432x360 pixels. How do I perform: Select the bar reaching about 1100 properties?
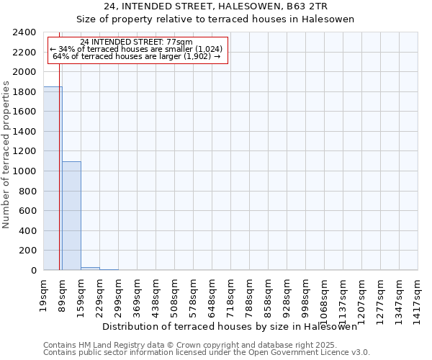click(x=71, y=216)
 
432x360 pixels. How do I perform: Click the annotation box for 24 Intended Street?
click(x=138, y=50)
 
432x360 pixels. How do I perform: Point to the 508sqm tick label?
click(x=175, y=293)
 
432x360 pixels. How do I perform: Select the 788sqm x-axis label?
click(x=250, y=293)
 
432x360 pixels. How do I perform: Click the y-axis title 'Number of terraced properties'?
click(x=7, y=155)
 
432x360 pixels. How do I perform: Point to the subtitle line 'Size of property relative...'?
click(x=215, y=19)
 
